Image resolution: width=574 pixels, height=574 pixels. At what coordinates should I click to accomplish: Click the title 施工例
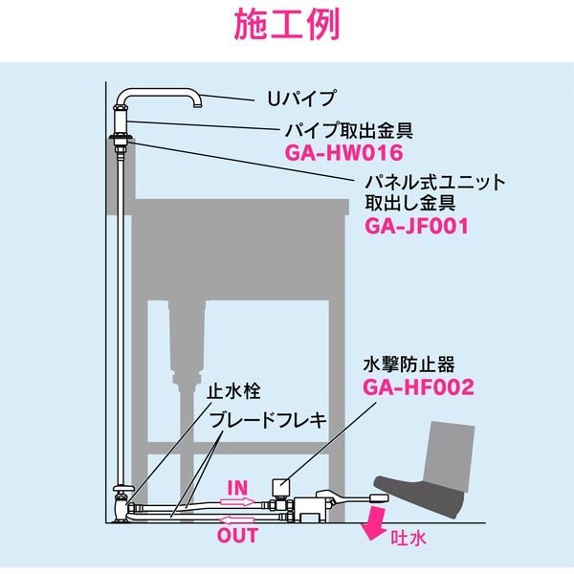coord(287,26)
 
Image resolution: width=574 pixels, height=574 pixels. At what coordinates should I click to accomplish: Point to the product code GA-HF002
coord(418,387)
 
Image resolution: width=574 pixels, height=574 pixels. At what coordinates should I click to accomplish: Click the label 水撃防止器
coord(410,364)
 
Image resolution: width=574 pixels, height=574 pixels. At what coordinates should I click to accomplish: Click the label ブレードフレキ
coord(254,419)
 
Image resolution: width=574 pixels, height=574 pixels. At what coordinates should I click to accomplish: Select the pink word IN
coord(238,488)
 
